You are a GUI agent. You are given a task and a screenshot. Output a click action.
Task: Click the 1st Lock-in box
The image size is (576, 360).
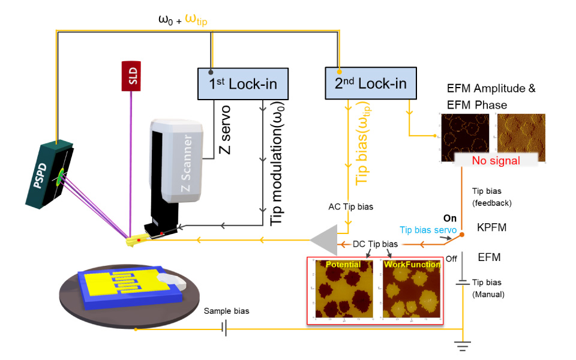click(242, 83)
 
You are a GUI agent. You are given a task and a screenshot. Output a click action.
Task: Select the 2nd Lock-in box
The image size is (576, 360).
click(370, 83)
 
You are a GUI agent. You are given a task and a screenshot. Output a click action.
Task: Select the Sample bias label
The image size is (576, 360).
click(226, 311)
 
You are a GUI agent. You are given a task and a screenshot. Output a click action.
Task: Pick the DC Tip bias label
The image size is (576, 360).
click(376, 244)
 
